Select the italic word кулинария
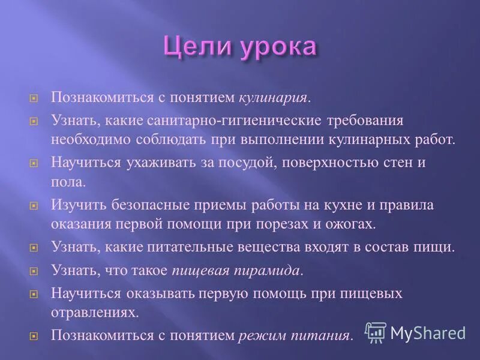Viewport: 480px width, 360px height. tap(275, 97)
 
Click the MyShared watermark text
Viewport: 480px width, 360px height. tap(428, 333)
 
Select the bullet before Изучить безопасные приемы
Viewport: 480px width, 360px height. tap(34, 206)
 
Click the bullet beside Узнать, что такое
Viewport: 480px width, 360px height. tap(34, 271)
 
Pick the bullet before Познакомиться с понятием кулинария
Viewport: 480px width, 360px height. tap(34, 98)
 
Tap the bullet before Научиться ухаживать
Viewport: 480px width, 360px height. tap(34, 163)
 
